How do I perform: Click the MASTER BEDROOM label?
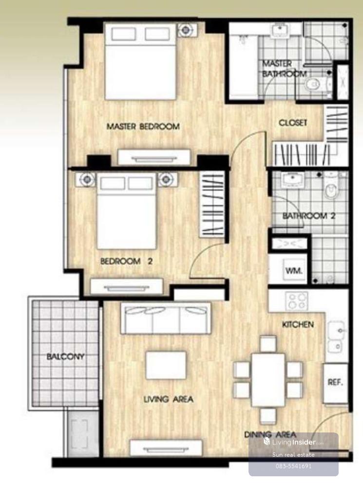[143, 127]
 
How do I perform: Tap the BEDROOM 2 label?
[127, 261]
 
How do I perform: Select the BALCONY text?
[65, 356]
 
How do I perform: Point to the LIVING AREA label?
[168, 399]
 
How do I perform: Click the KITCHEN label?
[298, 324]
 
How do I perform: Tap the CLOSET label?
[293, 123]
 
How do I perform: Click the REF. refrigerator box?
[335, 383]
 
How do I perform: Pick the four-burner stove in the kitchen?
[297, 300]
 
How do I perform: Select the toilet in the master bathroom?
[315, 84]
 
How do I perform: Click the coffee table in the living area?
[166, 365]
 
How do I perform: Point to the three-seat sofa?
[166, 318]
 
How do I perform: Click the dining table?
[268, 380]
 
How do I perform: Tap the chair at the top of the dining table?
[268, 344]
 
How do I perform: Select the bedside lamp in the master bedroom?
[186, 30]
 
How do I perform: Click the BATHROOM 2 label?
[309, 216]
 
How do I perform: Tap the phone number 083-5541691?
[293, 466]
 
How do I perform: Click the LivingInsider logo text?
[293, 442]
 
